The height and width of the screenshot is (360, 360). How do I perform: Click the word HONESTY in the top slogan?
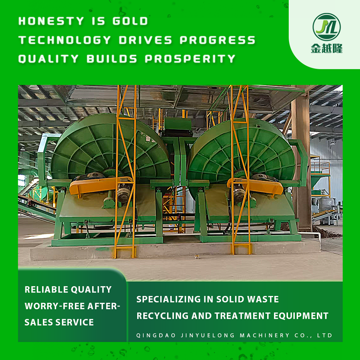[51, 21]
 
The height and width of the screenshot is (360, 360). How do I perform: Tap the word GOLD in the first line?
[130, 21]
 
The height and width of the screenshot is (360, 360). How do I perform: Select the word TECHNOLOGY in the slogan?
[65, 40]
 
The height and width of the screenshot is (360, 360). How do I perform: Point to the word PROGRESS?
[218, 40]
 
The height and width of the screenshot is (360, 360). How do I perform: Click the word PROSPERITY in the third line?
[190, 59]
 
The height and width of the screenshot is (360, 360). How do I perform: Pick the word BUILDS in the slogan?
[112, 59]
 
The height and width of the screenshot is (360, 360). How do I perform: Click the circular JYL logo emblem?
[327, 27]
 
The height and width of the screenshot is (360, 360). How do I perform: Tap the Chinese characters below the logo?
[327, 48]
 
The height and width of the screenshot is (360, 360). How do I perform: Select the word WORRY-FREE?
[55, 306]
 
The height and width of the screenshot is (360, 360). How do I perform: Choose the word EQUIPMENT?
[301, 316]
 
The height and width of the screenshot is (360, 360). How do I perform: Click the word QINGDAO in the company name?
[156, 335]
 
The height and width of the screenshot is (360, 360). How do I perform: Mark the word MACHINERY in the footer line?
[265, 335]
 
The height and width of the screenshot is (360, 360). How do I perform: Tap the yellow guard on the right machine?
[255, 186]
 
